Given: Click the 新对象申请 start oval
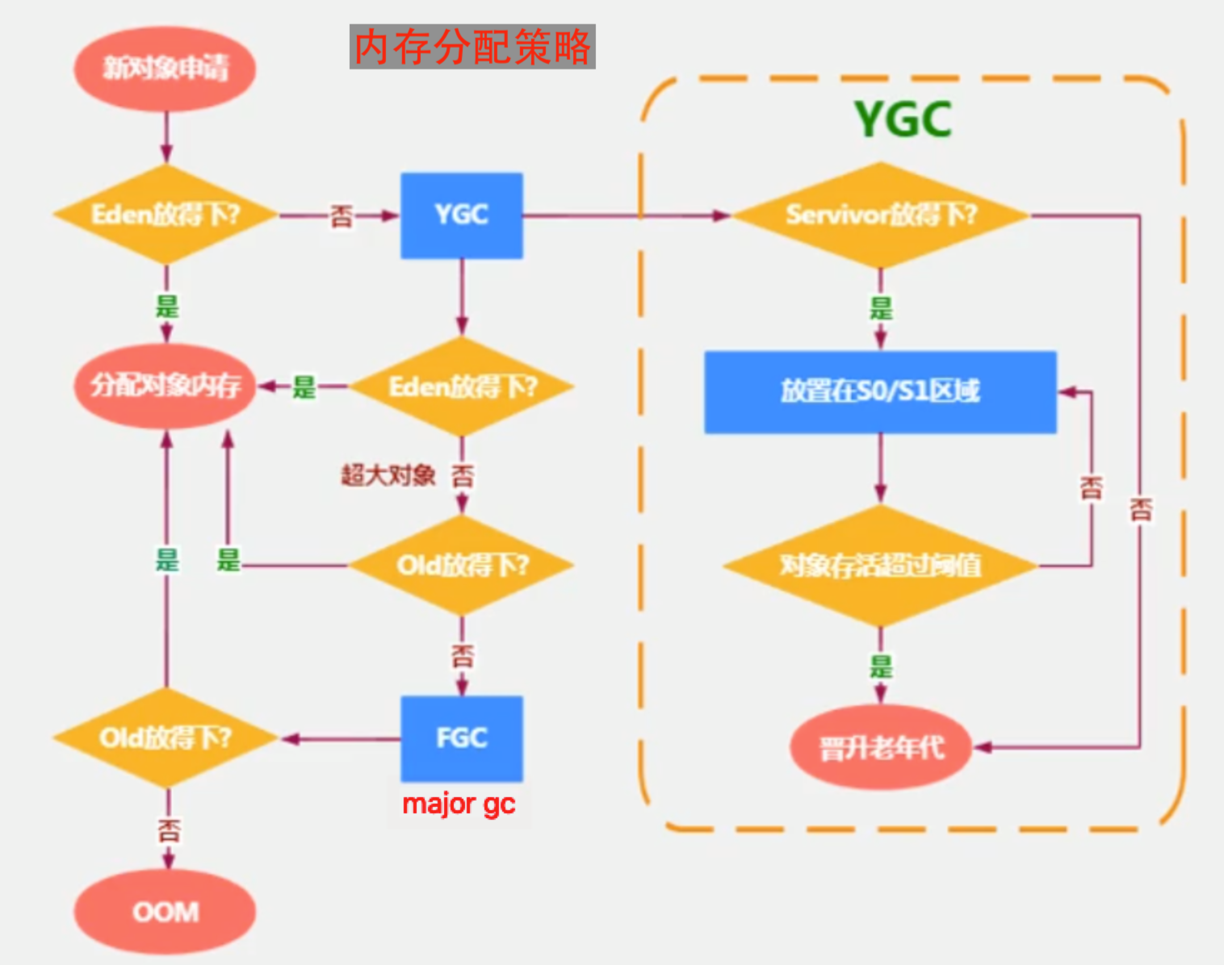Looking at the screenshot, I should tap(165, 68).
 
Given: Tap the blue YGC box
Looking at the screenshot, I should tap(462, 215).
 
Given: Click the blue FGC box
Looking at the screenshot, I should tap(462, 738).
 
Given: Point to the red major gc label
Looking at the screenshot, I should tap(459, 804).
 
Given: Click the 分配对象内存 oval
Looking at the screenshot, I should tap(165, 386).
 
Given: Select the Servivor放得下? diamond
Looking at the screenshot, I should tap(880, 215).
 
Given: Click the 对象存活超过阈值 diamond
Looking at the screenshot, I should tap(880, 566).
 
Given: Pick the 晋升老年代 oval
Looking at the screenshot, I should tap(881, 748).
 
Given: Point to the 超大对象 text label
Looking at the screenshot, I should tap(388, 475).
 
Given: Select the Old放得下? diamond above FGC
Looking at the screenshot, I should tap(462, 565).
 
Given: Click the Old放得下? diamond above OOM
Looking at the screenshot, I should tap(166, 738).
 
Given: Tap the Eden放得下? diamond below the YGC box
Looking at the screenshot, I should tap(462, 387).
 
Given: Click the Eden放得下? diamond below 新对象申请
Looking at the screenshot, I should tap(166, 215).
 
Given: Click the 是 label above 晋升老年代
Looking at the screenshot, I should tap(881, 667).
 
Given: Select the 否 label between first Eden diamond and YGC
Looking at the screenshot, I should tap(341, 216).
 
